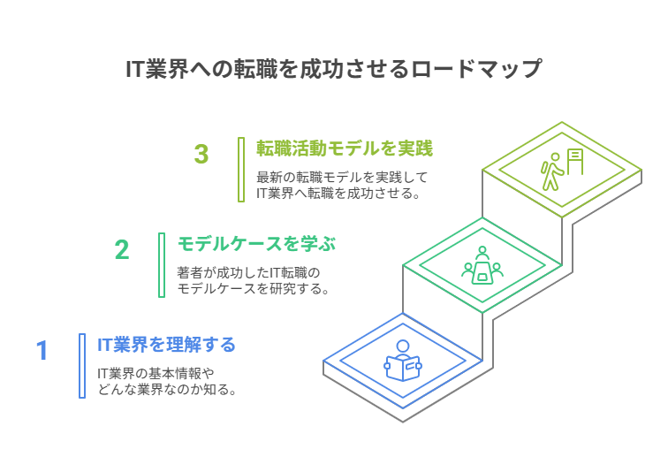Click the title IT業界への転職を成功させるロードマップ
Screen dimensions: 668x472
pos(334,69)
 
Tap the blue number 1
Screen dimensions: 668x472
pos(42,351)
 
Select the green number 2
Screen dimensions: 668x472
pos(122,250)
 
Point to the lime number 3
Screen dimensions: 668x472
pos(201,154)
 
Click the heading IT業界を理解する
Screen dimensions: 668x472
pos(166,345)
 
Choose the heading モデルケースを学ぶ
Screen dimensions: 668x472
pos(256,244)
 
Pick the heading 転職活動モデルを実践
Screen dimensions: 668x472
pos(345,148)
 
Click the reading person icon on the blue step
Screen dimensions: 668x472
pos(403,361)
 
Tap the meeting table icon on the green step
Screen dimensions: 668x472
pos(482,265)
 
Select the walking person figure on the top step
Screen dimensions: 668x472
pos(551,171)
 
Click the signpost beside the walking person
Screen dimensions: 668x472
pos(574,162)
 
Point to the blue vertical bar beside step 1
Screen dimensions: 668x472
pos(82,366)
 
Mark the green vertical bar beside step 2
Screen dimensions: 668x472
pos(162,265)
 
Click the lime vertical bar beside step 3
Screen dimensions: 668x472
pos(241,170)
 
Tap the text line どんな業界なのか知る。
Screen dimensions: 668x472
pos(167,390)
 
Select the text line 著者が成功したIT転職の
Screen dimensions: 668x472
pos(248,272)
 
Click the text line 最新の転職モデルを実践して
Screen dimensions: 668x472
pos(342,177)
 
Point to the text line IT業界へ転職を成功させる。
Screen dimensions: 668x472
pos(338,194)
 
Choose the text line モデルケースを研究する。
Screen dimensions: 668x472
pos(253,289)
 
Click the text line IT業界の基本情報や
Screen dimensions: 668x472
pos(156,374)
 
